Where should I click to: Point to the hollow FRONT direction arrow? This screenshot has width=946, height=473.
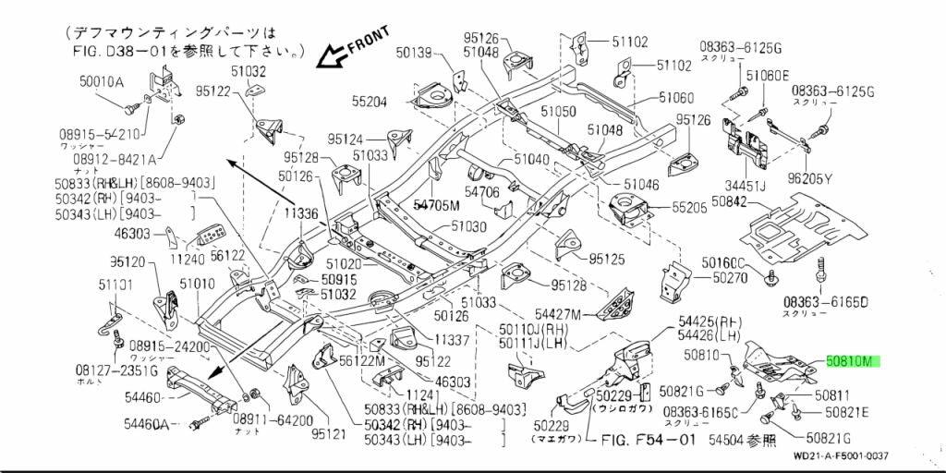331,57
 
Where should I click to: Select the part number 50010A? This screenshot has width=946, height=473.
102,81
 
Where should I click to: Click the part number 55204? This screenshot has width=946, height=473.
370,101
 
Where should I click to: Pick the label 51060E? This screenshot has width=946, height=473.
768,76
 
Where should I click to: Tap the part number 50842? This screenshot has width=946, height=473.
731,200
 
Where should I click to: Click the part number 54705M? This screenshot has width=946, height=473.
436,205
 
